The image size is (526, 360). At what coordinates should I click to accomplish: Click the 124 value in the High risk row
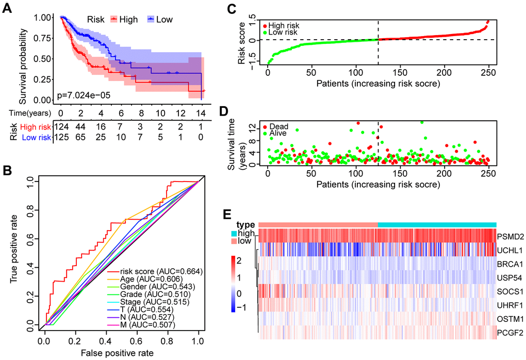(x=60, y=127)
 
